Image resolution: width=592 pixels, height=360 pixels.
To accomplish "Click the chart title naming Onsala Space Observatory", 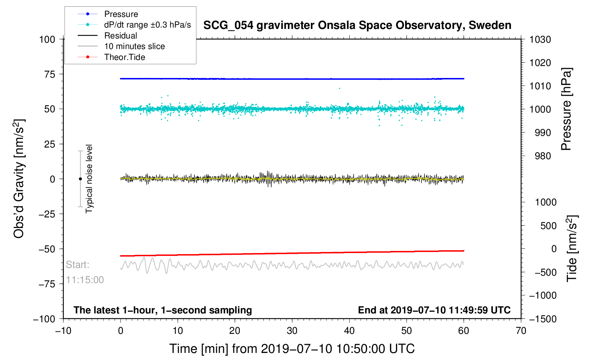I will coord(357,25).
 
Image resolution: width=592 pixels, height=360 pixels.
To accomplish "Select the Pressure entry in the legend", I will coord(121,14).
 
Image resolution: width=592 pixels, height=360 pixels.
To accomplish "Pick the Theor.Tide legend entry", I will coord(124,57).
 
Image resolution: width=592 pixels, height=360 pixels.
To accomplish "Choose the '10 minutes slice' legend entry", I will coord(134,46).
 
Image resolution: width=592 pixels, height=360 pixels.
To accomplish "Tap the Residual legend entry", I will coord(120,36).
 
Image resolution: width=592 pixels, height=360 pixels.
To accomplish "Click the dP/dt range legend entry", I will coord(147,25).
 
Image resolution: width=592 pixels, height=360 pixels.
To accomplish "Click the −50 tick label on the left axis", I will coord(47,249).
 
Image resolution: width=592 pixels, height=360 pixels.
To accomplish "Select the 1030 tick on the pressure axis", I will coord(540,40).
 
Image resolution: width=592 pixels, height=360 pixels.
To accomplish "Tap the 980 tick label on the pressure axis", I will coord(540,156).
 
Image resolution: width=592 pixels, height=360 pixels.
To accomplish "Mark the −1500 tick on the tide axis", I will coord(543,319).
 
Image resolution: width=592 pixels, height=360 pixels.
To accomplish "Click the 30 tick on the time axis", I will coord(292,331).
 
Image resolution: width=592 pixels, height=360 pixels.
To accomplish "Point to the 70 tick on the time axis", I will coord(521,331).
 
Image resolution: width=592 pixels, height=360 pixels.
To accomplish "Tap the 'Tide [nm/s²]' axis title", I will coord(572,248).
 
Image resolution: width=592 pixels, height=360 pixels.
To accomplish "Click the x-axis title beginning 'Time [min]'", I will coord(292,349).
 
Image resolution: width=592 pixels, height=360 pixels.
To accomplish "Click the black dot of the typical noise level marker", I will coord(80,179).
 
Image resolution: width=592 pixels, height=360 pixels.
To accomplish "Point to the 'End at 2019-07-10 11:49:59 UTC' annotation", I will coord(434,310).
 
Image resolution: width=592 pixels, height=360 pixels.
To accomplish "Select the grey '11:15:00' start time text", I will coord(85,280).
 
